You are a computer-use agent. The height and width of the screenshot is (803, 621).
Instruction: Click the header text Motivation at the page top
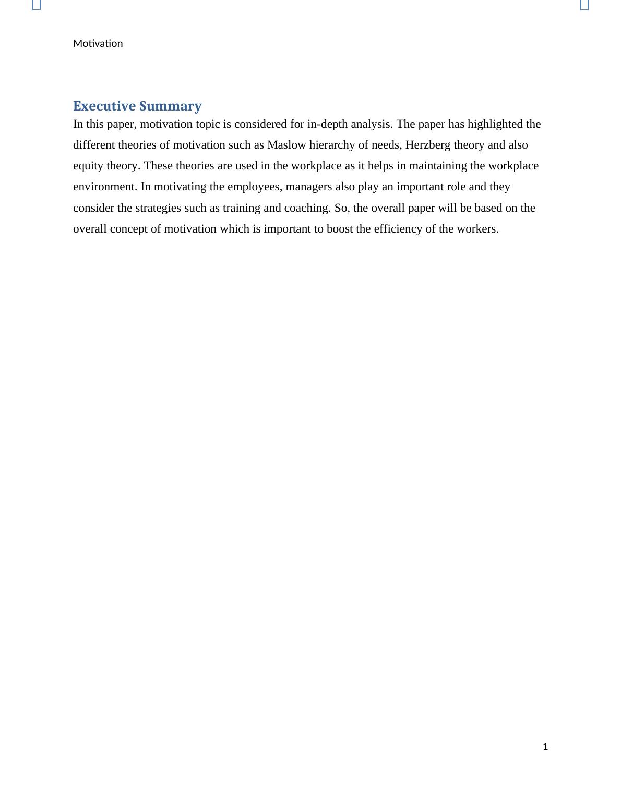point(98,43)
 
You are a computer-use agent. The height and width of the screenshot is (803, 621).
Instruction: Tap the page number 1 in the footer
point(545,746)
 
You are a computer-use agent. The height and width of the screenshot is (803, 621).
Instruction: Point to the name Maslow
point(286,145)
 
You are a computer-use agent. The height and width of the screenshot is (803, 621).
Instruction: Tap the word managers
point(310,187)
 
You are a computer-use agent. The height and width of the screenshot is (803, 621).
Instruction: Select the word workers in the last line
point(477,229)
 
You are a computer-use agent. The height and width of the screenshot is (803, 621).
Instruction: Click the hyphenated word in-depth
point(327,124)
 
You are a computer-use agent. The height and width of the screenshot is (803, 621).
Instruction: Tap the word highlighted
point(495,124)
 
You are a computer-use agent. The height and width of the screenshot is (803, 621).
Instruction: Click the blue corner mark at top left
point(37,5)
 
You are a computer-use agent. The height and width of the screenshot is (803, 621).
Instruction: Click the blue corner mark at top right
point(584,5)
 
